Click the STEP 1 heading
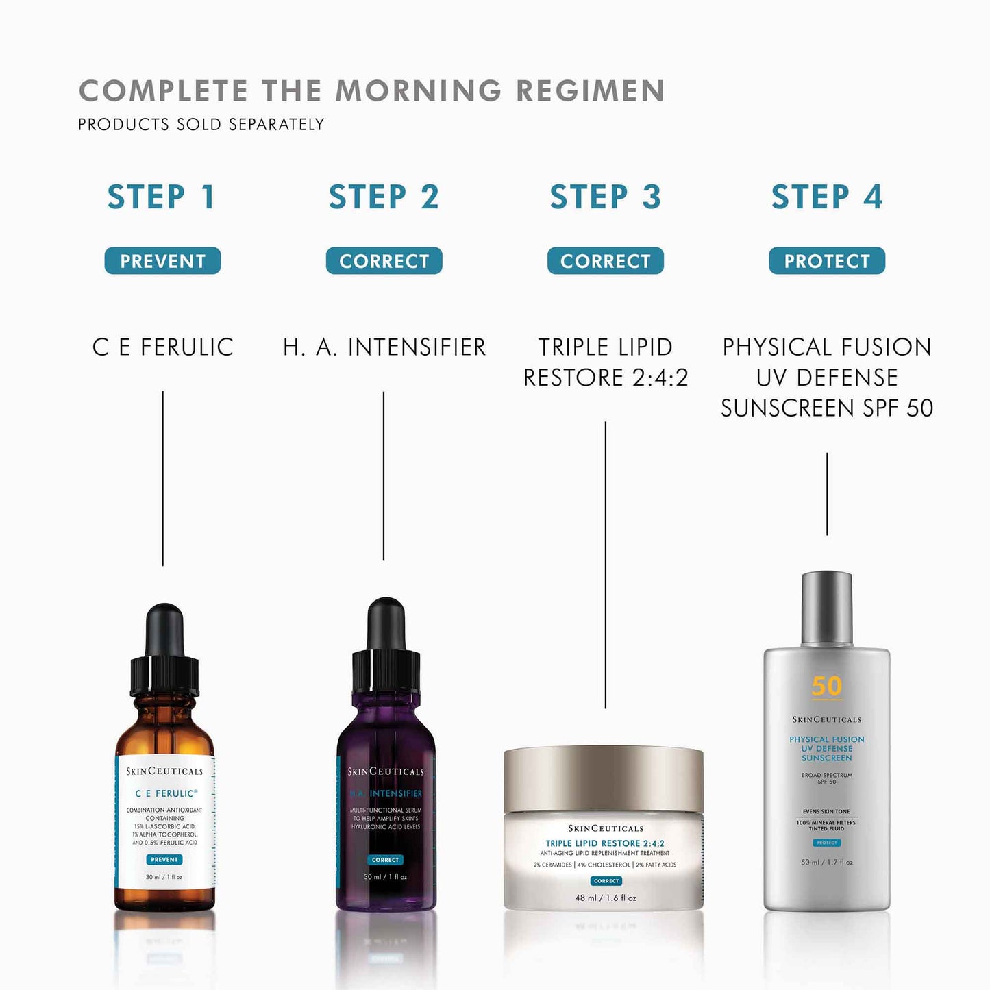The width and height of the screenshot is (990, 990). (162, 197)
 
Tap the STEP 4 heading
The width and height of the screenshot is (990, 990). (826, 197)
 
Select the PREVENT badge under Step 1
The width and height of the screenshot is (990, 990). (162, 261)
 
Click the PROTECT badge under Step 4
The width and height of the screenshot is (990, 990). (826, 261)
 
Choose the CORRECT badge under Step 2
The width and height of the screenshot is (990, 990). (384, 261)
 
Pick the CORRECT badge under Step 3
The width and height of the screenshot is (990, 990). (605, 261)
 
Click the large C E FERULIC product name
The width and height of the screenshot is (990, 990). (162, 347)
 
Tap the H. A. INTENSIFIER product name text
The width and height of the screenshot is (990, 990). (384, 347)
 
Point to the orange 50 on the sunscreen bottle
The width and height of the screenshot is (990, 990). (826, 686)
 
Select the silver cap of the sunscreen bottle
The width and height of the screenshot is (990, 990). (826, 608)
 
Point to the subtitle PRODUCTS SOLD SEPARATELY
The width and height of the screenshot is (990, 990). (201, 125)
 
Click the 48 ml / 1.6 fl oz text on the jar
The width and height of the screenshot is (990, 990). (606, 898)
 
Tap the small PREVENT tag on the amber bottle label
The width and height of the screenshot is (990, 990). (164, 859)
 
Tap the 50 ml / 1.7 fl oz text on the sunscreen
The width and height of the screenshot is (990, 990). (826, 863)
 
